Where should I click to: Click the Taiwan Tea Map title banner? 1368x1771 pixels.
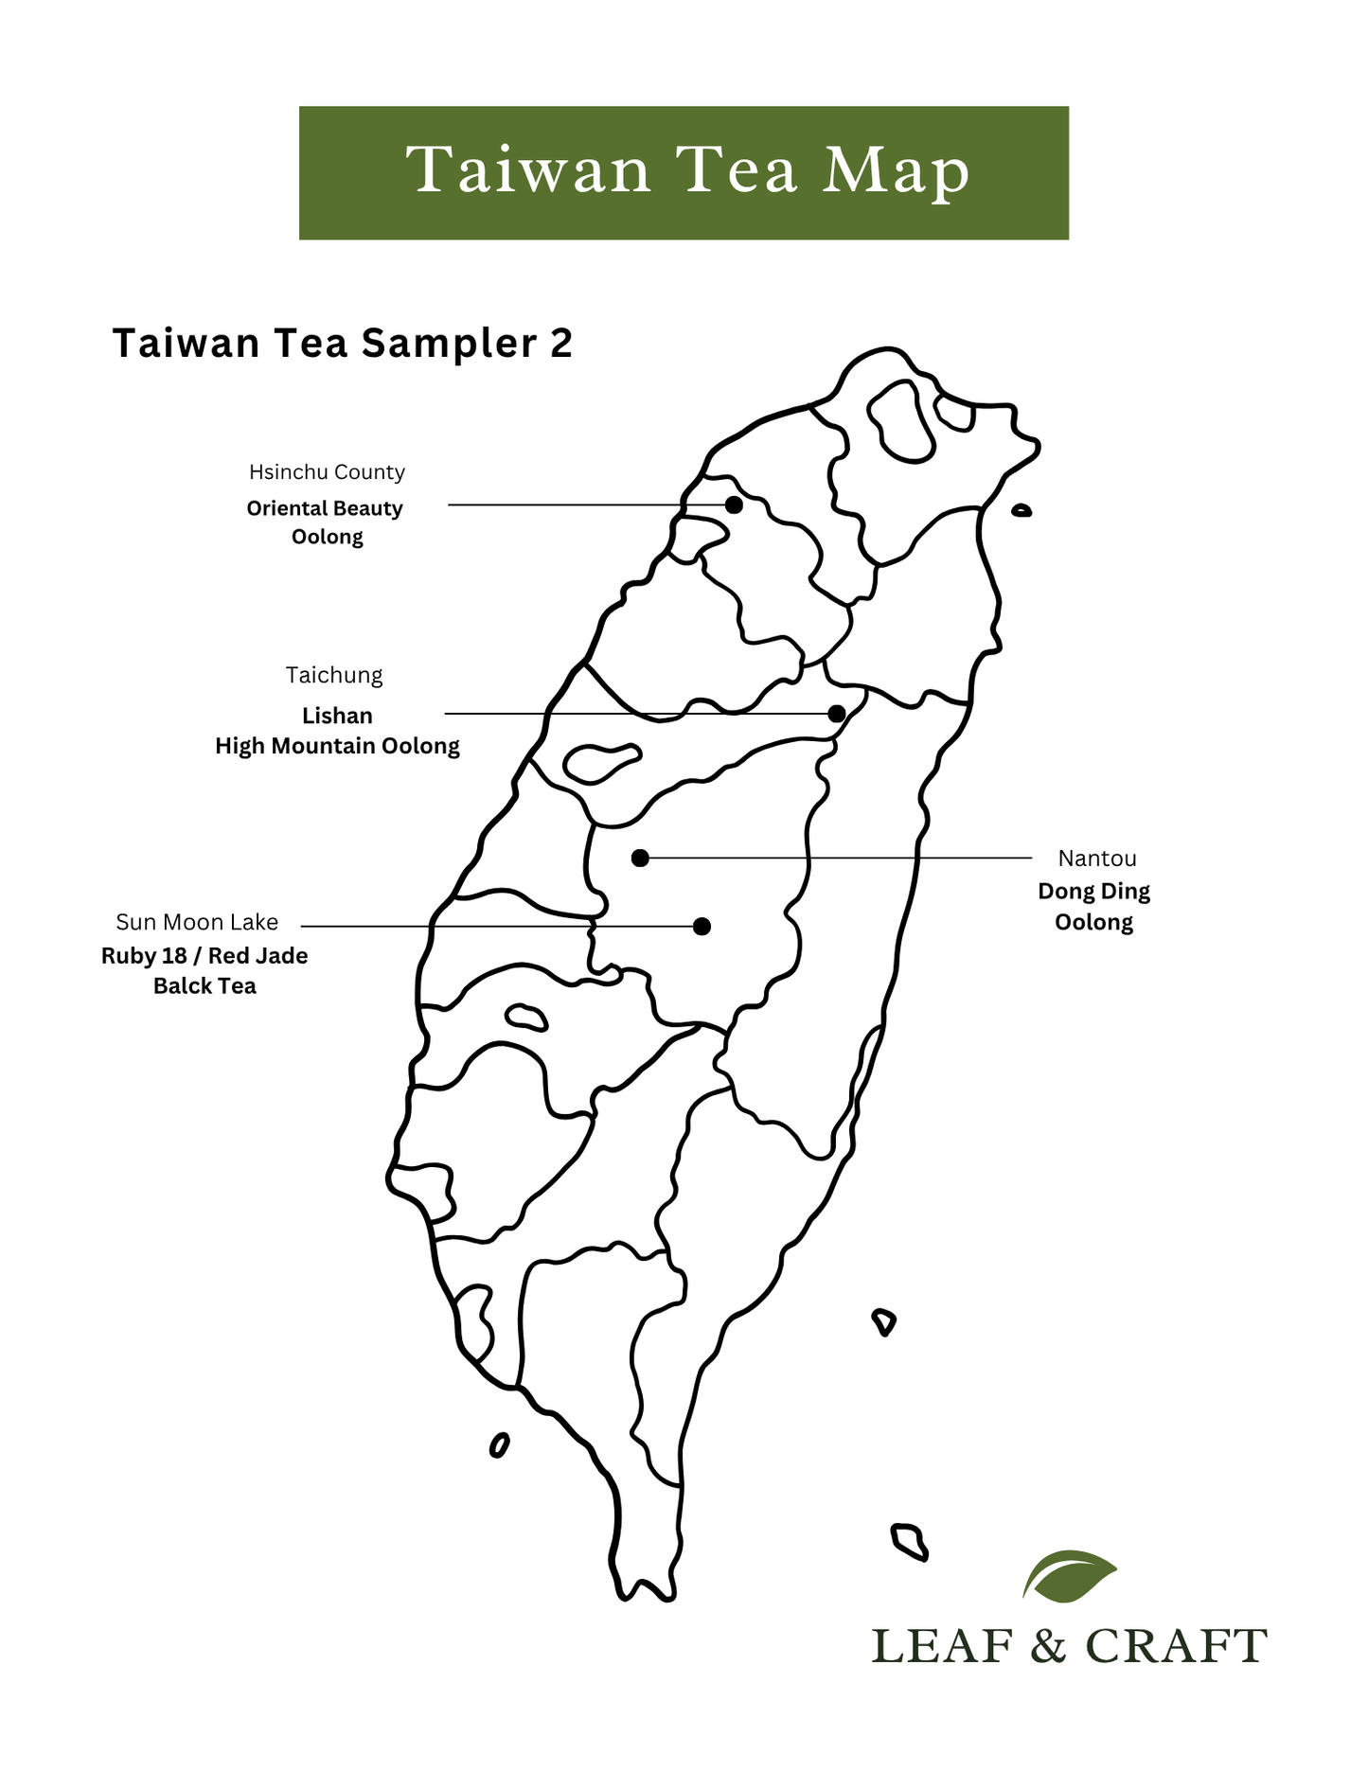tap(684, 172)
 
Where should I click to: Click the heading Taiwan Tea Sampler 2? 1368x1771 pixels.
tap(342, 343)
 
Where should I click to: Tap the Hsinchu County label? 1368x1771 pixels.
tap(327, 471)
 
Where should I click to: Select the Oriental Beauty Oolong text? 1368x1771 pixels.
tap(326, 522)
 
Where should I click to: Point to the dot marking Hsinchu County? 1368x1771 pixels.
tap(734, 505)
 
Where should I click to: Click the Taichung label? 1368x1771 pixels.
tap(334, 675)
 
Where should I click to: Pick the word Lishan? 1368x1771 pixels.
tap(337, 716)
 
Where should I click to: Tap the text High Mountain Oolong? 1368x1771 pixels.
tap(337, 746)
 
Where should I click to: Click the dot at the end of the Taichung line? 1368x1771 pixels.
tap(837, 713)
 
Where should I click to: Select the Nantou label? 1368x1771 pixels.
tap(1097, 859)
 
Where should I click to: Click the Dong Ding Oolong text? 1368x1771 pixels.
tap(1094, 906)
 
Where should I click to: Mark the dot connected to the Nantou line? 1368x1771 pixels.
tap(640, 858)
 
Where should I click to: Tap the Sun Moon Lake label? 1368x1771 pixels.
tap(197, 922)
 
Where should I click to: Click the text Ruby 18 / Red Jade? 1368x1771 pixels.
tap(204, 956)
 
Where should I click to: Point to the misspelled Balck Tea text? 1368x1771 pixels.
tap(204, 986)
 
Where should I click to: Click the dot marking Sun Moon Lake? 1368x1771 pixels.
tap(702, 926)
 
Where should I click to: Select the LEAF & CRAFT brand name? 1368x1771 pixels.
tap(1069, 1646)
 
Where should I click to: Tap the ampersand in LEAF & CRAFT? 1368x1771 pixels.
tap(1049, 1646)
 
